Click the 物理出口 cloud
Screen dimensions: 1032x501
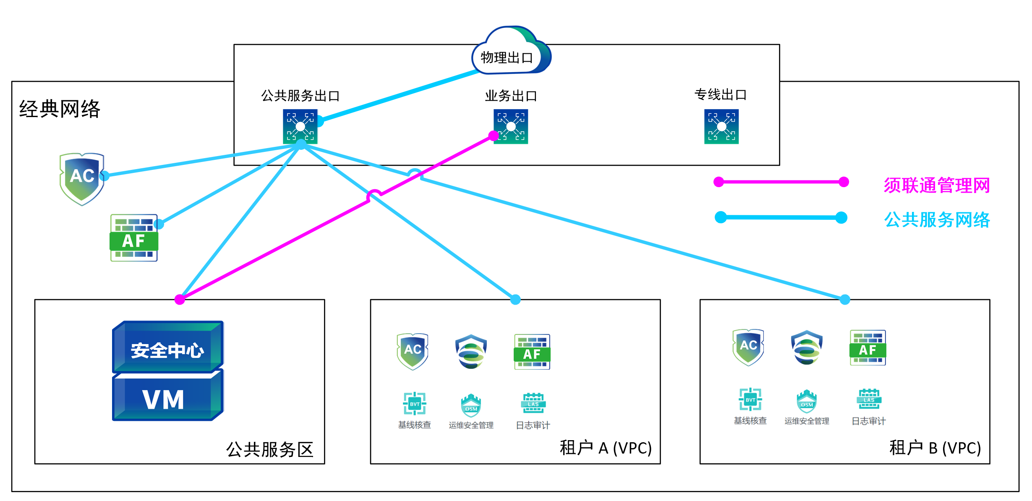511,51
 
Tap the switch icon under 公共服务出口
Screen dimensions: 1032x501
300,127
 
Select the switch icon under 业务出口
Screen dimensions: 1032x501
511,127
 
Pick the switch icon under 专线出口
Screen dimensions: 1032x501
721,127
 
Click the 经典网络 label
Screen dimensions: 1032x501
60,109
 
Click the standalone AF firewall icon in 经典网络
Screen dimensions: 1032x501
134,238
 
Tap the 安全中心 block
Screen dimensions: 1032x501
168,347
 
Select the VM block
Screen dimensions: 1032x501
168,395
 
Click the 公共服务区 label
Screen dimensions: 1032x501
270,449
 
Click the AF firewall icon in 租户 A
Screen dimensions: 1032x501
532,352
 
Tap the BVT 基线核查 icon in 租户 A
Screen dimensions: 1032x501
415,404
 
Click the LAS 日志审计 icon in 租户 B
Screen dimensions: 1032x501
869,399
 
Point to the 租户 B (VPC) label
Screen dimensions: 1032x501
935,448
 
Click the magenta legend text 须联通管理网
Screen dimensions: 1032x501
937,185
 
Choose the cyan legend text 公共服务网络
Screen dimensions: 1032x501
937,220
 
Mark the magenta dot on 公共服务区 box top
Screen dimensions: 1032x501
180,299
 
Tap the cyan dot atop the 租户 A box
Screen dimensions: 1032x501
515,299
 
